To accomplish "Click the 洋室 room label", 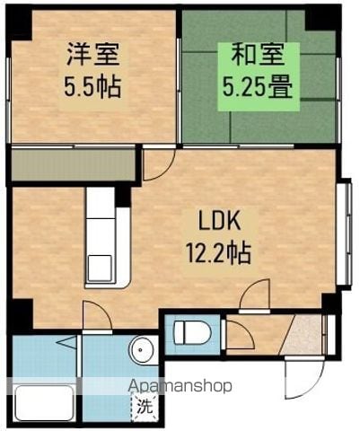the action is click(93, 55).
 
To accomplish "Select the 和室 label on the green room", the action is click(259, 55).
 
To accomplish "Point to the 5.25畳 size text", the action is click(258, 87).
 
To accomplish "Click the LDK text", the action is click(220, 220).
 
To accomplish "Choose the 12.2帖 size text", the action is click(218, 253).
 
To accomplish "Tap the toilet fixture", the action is click(192, 333).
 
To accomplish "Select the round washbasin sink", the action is click(141, 349).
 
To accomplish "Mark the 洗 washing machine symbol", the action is click(145, 407).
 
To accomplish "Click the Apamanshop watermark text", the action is click(180, 387).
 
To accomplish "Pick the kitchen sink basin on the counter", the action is click(100, 268).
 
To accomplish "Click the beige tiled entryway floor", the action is click(303, 334).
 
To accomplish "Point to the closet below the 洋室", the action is click(74, 164).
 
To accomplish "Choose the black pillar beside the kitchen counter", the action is click(123, 197).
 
